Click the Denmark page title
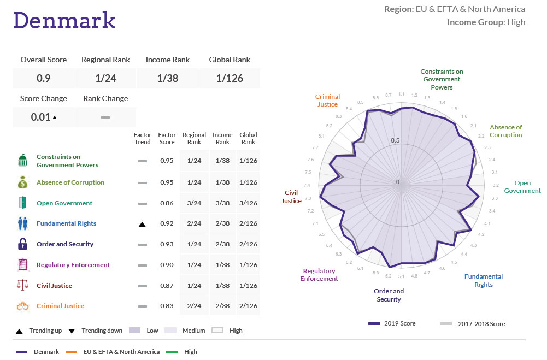64,20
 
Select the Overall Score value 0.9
44,78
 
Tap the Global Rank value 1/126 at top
230,78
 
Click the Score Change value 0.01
41,117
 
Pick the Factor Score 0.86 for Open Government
167,203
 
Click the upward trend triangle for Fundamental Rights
142,224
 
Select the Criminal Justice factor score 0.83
167,306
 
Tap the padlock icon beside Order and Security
23,244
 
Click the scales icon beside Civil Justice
23,285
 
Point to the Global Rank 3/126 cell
248,203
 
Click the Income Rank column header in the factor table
222,138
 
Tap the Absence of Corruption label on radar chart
505,131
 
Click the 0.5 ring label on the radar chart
395,141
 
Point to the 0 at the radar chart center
398,182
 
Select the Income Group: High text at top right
486,22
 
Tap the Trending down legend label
102,331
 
